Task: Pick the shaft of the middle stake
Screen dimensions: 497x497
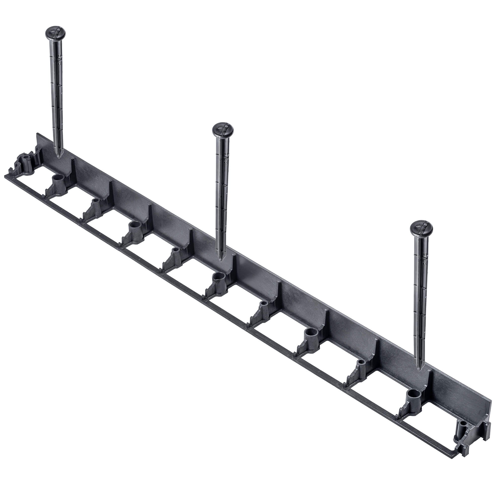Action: tap(222, 196)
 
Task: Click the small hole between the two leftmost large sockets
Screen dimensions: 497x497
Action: tap(96, 200)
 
